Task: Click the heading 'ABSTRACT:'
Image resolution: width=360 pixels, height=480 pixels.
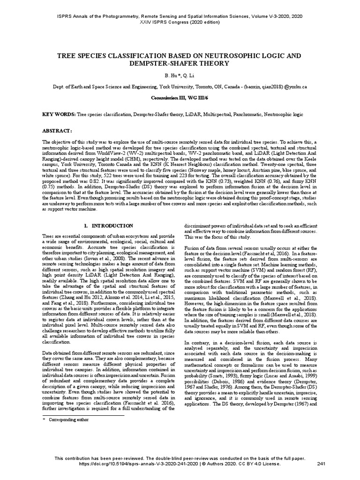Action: [57, 130]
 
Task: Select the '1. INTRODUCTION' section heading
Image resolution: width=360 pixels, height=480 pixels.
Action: [109, 225]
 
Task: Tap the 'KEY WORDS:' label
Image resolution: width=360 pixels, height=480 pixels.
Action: [59, 114]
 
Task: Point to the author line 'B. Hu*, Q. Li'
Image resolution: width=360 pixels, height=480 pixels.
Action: [180, 75]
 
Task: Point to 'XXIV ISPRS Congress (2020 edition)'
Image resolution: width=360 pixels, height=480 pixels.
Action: [180, 22]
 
